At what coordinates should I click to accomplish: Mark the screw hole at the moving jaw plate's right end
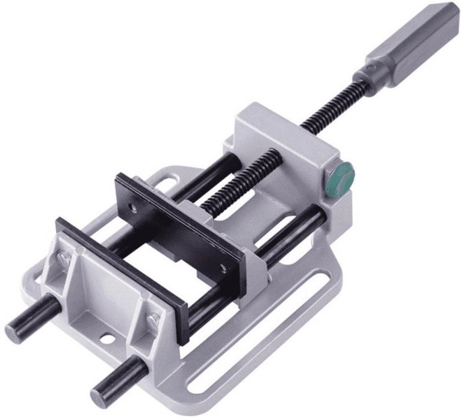point(222,268)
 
